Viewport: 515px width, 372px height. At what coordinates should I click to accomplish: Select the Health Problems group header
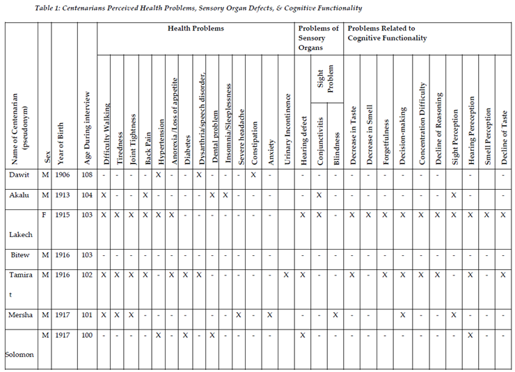tap(196, 28)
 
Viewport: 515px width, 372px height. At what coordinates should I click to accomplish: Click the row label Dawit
tap(19, 175)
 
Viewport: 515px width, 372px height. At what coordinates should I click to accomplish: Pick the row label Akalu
tap(19, 196)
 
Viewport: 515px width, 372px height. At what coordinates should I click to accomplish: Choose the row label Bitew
tap(19, 256)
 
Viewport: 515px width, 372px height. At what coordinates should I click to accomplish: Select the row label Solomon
tap(21, 354)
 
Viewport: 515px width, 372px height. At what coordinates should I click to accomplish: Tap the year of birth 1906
tap(65, 175)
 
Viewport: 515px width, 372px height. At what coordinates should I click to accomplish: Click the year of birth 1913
tap(65, 196)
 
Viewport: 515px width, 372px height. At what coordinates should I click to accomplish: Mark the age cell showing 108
tap(86, 175)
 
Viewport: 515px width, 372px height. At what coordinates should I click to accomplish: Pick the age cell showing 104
tap(86, 196)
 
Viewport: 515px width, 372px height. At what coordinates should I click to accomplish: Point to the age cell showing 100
tap(86, 335)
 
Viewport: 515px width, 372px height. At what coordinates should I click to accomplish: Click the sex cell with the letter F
tap(45, 216)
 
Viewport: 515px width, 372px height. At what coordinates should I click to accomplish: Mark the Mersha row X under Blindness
tap(335, 315)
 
